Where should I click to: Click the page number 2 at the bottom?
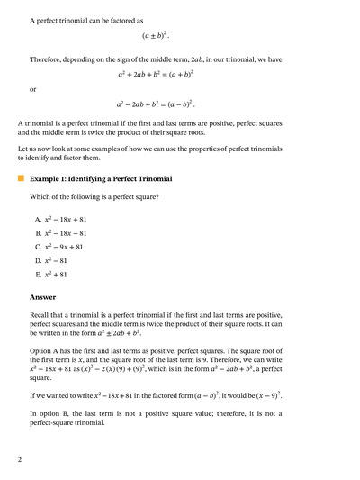19,460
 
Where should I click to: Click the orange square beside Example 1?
21,178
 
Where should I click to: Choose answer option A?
60,220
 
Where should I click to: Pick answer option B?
60,233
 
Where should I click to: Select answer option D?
51,260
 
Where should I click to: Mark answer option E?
51,274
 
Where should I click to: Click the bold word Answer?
43,296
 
